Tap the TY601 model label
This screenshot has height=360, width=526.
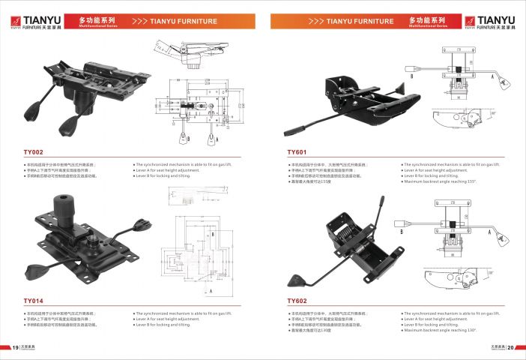point(298,151)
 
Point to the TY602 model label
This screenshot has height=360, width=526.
point(298,301)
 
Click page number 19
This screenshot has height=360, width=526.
point(15,347)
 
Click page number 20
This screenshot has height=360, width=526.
point(511,347)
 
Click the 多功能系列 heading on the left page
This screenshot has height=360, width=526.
point(96,19)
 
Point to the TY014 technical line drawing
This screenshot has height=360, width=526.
point(198,251)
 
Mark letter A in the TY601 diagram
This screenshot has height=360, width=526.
point(491,76)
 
